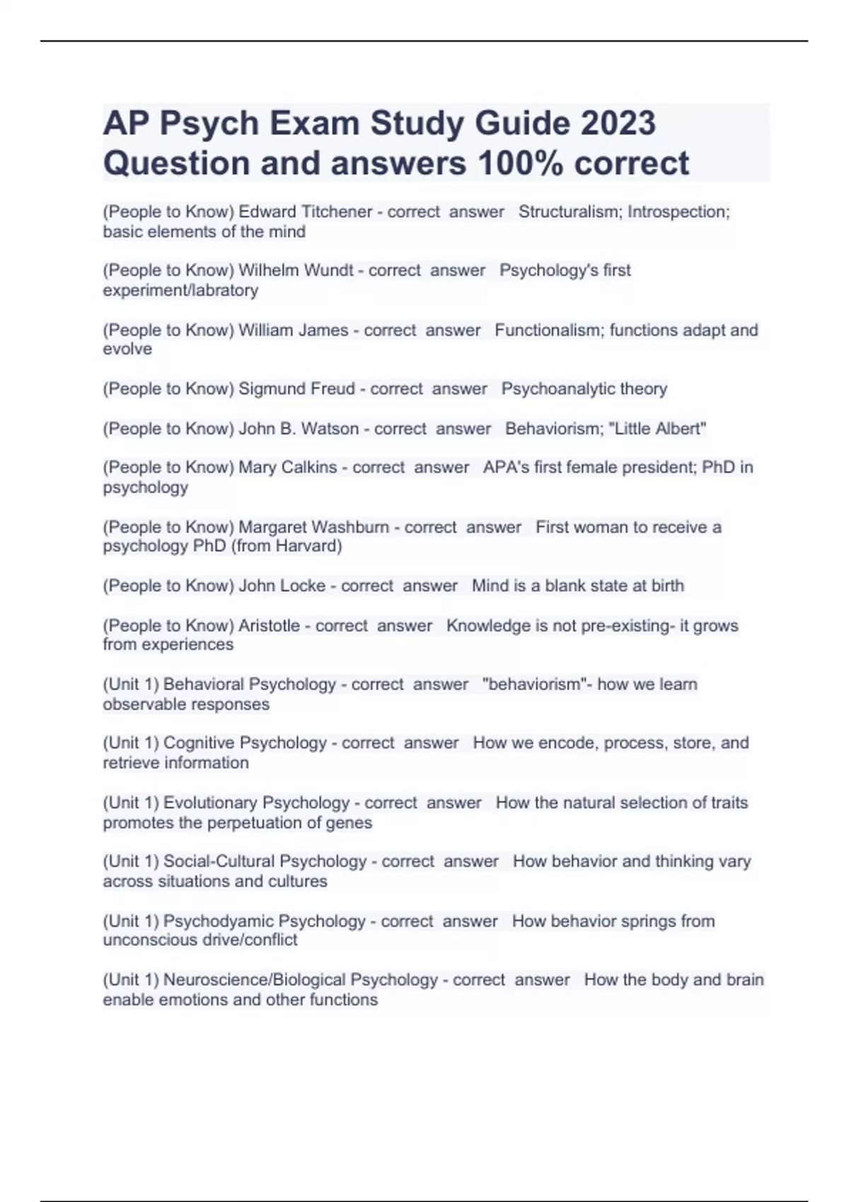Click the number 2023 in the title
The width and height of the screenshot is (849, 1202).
(x=618, y=123)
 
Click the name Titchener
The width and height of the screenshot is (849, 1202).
(x=337, y=211)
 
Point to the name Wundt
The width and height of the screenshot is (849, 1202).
(x=328, y=270)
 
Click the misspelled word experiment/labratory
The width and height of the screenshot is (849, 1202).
(x=180, y=290)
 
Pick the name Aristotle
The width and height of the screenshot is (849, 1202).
(x=269, y=626)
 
